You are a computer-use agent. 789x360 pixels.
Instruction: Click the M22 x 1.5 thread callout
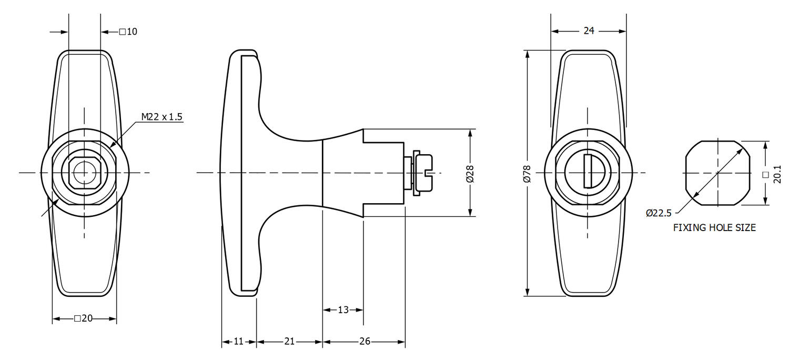[x=161, y=117]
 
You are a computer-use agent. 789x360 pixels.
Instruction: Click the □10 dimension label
[x=128, y=32]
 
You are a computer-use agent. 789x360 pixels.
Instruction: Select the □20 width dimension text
[x=84, y=318]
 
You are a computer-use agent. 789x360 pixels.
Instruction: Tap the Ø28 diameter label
[x=470, y=173]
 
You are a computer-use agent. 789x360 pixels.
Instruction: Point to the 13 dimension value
[x=343, y=310]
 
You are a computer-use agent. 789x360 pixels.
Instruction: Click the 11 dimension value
[x=238, y=342]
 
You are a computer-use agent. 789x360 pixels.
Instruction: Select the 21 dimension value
[x=289, y=342]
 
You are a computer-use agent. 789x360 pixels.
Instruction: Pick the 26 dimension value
[x=365, y=342]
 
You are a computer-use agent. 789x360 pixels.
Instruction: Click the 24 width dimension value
[x=589, y=31]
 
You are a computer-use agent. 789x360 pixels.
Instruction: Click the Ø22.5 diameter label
[x=659, y=213]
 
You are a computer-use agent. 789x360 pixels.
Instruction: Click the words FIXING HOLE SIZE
[x=714, y=228]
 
